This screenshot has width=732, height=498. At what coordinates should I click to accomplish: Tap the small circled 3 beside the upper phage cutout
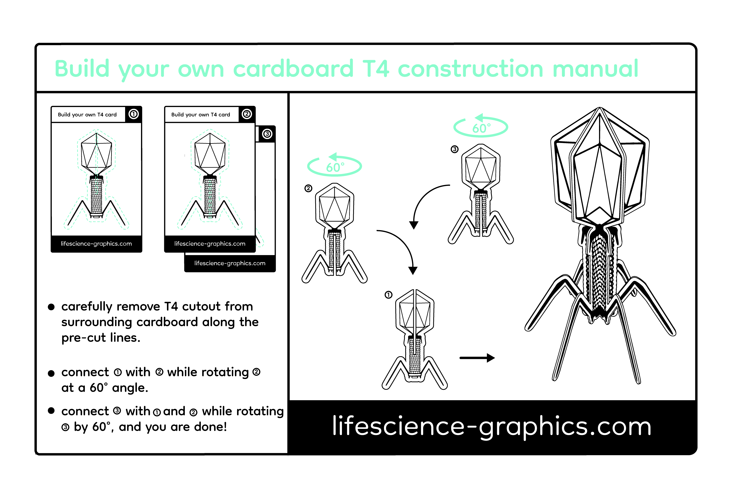454,149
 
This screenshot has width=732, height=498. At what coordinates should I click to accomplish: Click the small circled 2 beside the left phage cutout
308,188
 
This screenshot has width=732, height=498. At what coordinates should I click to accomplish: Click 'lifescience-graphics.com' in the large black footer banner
492,427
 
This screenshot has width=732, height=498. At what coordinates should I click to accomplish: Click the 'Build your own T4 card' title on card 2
201,115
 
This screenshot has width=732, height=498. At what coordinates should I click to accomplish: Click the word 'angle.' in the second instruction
130,388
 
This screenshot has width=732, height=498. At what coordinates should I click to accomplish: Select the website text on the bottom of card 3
230,263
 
